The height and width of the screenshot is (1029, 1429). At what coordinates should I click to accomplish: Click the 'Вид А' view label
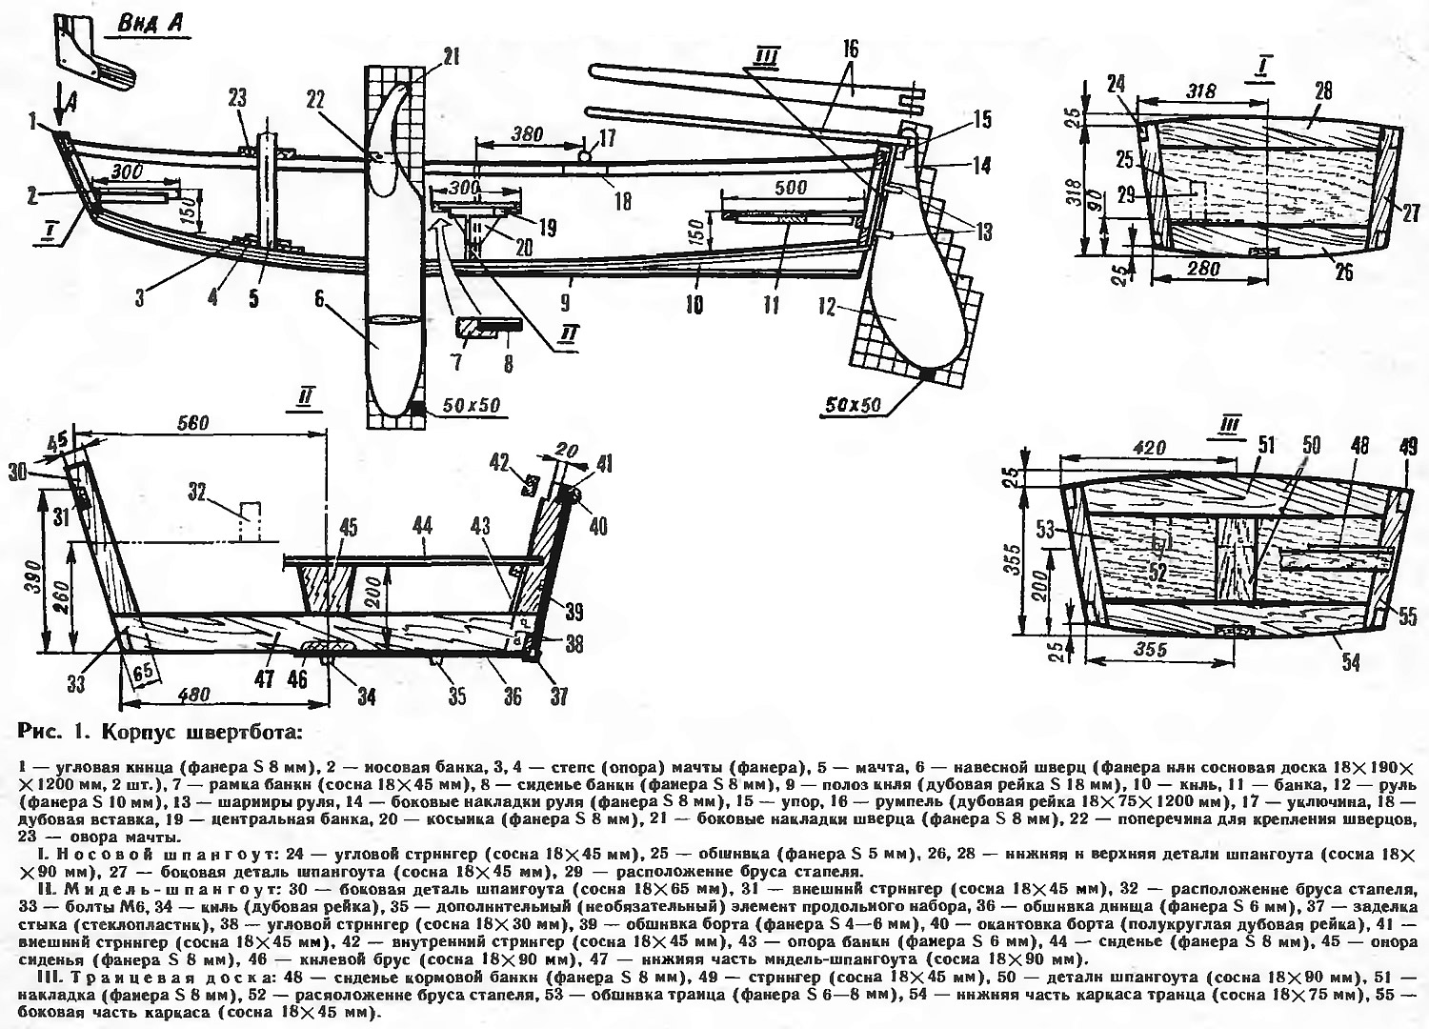click(151, 25)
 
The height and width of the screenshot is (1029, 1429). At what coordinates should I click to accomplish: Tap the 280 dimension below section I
click(1205, 270)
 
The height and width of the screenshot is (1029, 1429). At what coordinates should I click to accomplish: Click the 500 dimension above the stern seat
click(790, 188)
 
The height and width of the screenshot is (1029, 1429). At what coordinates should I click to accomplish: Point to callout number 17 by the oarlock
click(607, 138)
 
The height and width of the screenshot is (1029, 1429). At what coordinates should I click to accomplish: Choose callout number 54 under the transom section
click(1350, 660)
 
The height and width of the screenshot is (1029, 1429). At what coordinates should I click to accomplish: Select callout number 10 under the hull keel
click(694, 305)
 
